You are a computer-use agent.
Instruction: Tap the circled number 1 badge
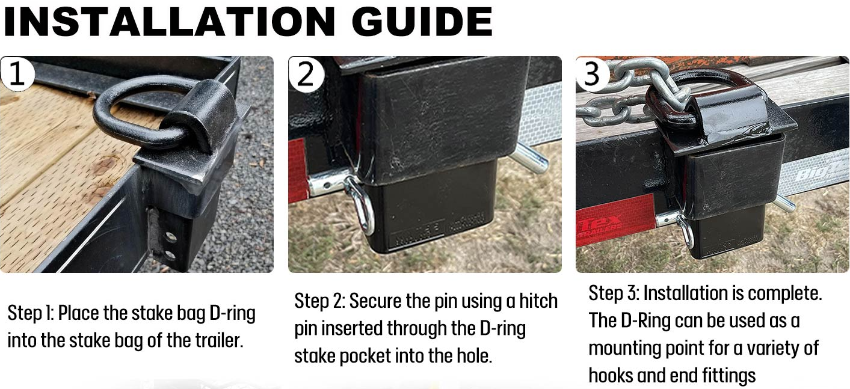tap(17, 73)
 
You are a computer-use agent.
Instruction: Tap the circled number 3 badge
tap(593, 73)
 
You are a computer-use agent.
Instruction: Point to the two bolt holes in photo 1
tap(170, 246)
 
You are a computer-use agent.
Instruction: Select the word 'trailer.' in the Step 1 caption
tap(219, 340)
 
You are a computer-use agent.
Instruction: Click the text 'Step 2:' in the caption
tap(319, 301)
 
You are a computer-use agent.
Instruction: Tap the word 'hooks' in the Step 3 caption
tap(610, 375)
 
